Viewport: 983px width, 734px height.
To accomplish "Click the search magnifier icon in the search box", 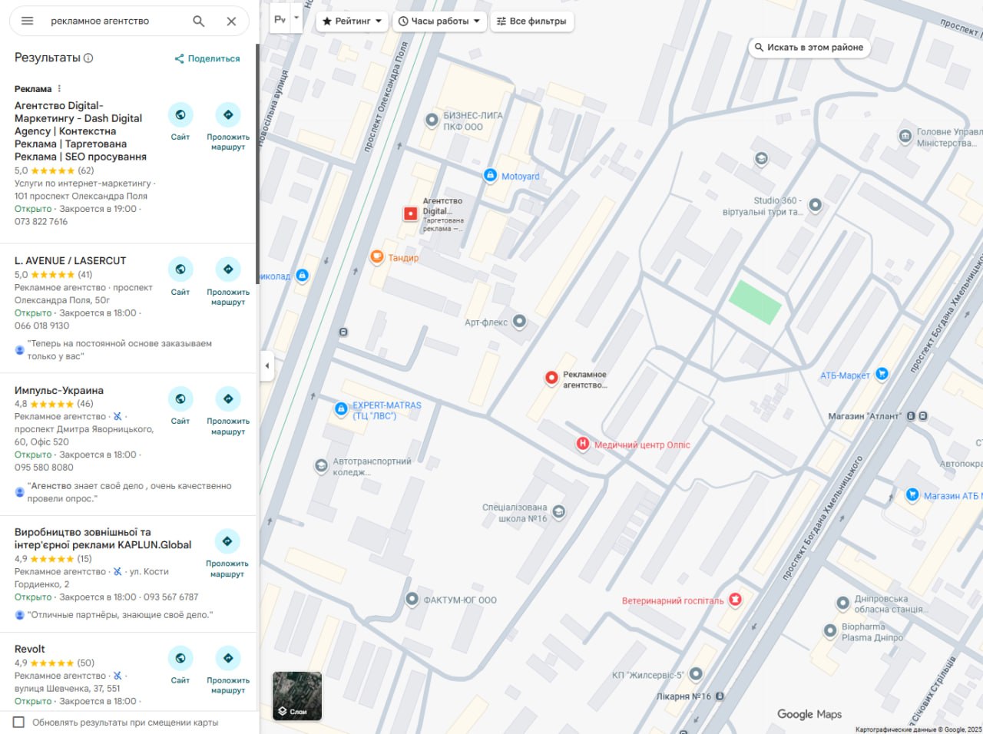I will coord(199,21).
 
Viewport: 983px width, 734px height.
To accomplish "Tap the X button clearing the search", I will coord(231,21).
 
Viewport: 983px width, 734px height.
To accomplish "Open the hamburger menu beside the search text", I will coord(28,21).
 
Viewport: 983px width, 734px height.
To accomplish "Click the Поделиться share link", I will coord(207,58).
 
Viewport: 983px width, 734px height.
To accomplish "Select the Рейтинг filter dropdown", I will coord(352,21).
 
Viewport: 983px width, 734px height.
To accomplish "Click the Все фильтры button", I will coord(531,21).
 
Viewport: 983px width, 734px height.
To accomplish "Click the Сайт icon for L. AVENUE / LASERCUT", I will coord(180,269).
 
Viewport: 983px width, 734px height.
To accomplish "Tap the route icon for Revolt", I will coord(228,659).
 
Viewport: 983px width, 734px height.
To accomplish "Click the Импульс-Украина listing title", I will coord(59,390).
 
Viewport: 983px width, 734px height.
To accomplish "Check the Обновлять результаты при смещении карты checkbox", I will coord(19,722).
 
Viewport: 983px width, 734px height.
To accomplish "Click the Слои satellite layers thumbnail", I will coord(297,696).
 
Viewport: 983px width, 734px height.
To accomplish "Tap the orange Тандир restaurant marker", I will coord(377,257).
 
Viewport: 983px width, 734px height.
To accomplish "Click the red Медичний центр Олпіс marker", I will coord(583,444).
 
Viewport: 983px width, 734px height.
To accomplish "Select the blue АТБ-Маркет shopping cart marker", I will coord(882,374).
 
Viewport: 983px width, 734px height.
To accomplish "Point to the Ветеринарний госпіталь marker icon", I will coord(735,600).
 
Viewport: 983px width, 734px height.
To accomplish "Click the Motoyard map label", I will coord(520,177).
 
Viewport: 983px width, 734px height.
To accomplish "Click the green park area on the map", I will coord(754,301).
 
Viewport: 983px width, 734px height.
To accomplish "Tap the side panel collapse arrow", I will coord(266,365).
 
